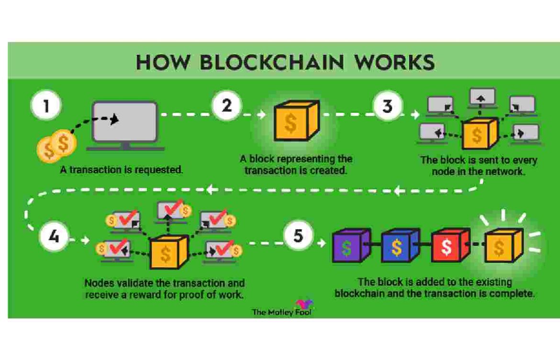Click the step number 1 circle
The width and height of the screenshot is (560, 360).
(x=46, y=107)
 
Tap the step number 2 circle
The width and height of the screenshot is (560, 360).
(x=226, y=106)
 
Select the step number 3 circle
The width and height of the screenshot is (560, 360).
(x=387, y=106)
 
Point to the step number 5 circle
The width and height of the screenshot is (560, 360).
(x=298, y=237)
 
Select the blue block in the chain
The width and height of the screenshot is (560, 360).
(x=399, y=246)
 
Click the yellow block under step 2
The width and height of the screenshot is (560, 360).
(x=294, y=122)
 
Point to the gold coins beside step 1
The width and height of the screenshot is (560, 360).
(x=56, y=146)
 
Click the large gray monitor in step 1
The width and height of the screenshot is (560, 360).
(x=125, y=122)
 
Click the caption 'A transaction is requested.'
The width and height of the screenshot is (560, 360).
(x=122, y=170)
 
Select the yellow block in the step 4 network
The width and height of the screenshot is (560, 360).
(x=167, y=252)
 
